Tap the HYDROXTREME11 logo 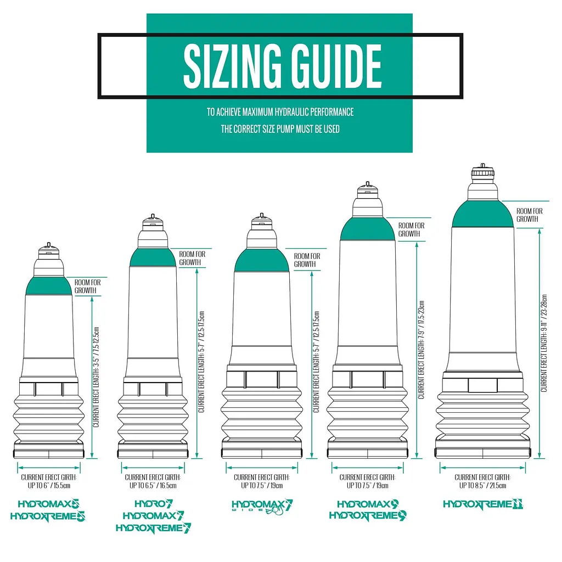pos(483,504)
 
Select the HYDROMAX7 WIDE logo pos(262,506)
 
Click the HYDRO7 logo pos(154,504)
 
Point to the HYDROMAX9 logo pos(368,504)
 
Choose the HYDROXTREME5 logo pos(48,516)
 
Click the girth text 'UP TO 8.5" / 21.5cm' pos(483,486)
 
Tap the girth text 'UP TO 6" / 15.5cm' pos(49,486)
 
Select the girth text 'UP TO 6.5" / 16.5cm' pos(153,486)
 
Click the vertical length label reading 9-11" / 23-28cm pos(544,343)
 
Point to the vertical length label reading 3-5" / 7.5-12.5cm pos(95,377)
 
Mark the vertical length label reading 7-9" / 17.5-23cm pos(421,350)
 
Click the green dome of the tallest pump pos(483,215)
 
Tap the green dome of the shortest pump pos(49,286)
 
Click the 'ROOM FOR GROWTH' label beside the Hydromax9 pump pos(411,229)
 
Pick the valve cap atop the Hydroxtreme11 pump pos(483,172)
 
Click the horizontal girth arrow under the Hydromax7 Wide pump pos(262,468)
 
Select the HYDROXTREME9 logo pos(368,515)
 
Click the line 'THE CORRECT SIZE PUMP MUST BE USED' pos(280,129)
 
